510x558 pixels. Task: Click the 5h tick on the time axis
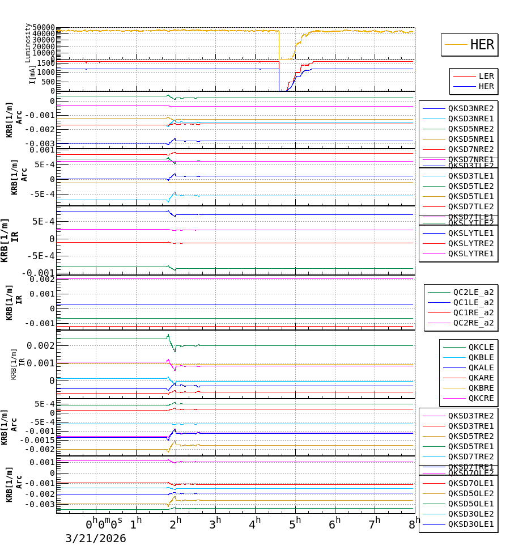click(x=295, y=523)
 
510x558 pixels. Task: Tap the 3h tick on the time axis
click(x=215, y=523)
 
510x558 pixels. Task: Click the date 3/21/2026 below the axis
click(x=95, y=539)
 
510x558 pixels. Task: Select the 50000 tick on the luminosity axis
click(x=43, y=27)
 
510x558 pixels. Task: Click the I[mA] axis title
click(x=32, y=74)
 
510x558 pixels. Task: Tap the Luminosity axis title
click(x=28, y=43)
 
